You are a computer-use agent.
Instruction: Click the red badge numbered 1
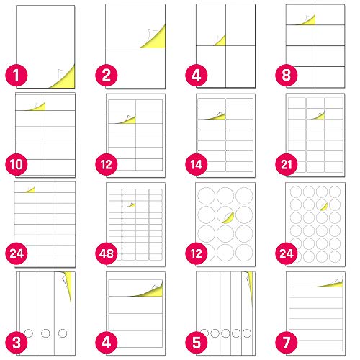(x=17, y=76)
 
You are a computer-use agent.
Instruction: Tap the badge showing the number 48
(x=107, y=253)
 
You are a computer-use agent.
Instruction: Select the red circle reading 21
(x=287, y=165)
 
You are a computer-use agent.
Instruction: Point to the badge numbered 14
(x=197, y=165)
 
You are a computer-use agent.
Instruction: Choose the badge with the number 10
(x=17, y=165)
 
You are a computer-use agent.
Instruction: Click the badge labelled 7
(x=287, y=343)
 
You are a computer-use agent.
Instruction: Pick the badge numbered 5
(x=197, y=343)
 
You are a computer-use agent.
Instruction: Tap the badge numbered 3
(x=17, y=343)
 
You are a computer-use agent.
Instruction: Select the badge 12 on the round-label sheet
(x=197, y=253)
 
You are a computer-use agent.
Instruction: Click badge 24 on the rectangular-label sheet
(x=17, y=253)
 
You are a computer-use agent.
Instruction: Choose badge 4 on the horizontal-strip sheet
(x=107, y=343)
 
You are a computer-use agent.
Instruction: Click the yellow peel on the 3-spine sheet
(x=68, y=283)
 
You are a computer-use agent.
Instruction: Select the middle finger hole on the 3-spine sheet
(x=45, y=333)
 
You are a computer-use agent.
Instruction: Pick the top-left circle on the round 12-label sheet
(x=206, y=196)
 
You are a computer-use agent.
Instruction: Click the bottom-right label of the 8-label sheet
(x=330, y=77)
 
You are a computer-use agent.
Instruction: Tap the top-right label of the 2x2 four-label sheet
(x=240, y=25)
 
